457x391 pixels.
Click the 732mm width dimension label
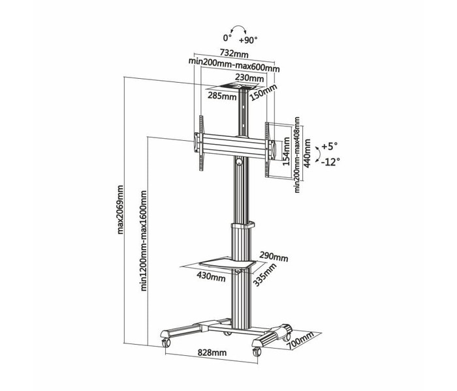234,53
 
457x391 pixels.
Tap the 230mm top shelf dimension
249,78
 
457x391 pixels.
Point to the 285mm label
222,96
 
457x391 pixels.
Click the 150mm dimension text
264,93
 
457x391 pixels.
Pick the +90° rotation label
248,40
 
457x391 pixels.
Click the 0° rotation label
227,38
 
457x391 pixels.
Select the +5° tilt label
329,146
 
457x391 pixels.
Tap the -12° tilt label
330,162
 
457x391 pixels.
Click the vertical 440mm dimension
307,152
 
